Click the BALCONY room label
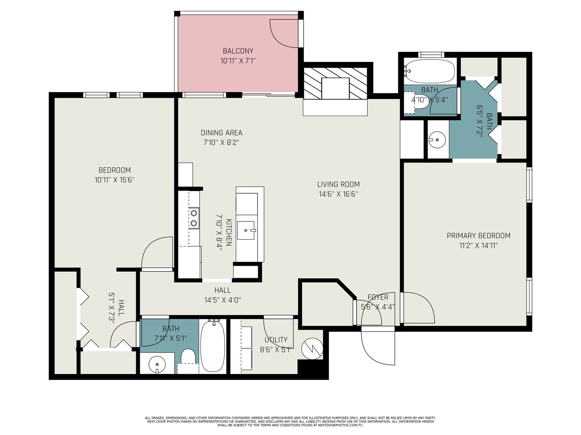click(x=238, y=51)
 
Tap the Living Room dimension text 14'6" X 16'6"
click(x=338, y=194)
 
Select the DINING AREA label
click(x=222, y=133)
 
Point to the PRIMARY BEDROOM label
click(x=479, y=236)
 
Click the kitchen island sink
click(x=246, y=230)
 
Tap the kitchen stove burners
click(x=194, y=218)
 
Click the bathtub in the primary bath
click(x=430, y=71)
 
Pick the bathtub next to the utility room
click(x=213, y=346)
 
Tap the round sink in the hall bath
click(x=157, y=364)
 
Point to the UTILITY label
click(x=276, y=340)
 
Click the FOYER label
click(x=378, y=297)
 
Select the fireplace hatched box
click(x=335, y=83)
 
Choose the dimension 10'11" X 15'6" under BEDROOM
click(x=115, y=180)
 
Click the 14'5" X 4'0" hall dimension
click(x=223, y=300)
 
